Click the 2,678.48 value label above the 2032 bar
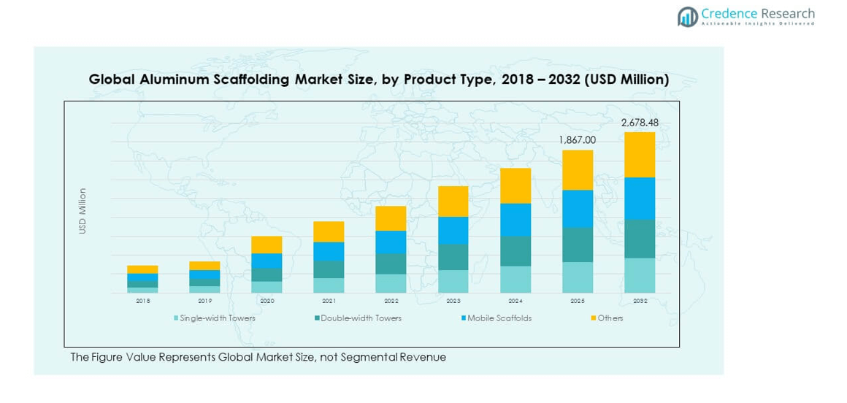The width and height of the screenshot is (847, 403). pyautogui.click(x=640, y=123)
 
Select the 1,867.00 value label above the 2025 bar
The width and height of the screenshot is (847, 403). pyautogui.click(x=577, y=140)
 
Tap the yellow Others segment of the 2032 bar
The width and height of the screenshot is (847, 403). pyautogui.click(x=640, y=155)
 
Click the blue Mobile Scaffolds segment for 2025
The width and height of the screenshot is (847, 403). pyautogui.click(x=577, y=209)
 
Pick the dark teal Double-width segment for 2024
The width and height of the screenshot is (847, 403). pyautogui.click(x=515, y=251)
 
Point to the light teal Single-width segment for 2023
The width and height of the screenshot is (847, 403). pyautogui.click(x=453, y=281)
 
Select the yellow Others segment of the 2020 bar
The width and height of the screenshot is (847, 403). pyautogui.click(x=267, y=245)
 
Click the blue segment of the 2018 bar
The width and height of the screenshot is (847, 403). pyautogui.click(x=142, y=277)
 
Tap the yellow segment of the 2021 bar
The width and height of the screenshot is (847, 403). pyautogui.click(x=329, y=231)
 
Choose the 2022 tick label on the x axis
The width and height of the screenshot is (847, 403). pyautogui.click(x=391, y=301)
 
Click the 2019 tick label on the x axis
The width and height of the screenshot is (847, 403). pyautogui.click(x=204, y=301)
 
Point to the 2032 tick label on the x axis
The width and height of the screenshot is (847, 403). pyautogui.click(x=640, y=301)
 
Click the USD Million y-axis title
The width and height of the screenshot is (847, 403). pyautogui.click(x=83, y=212)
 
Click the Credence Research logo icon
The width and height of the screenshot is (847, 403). pyautogui.click(x=687, y=17)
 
